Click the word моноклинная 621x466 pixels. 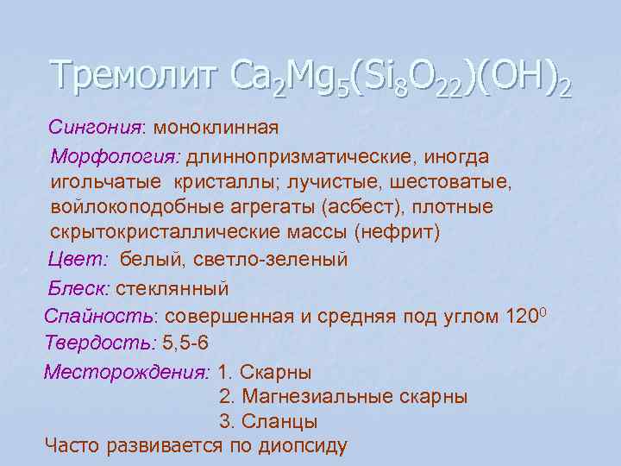tap(216, 128)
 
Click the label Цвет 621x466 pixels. tap(78, 259)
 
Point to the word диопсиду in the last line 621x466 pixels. tap(297, 446)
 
